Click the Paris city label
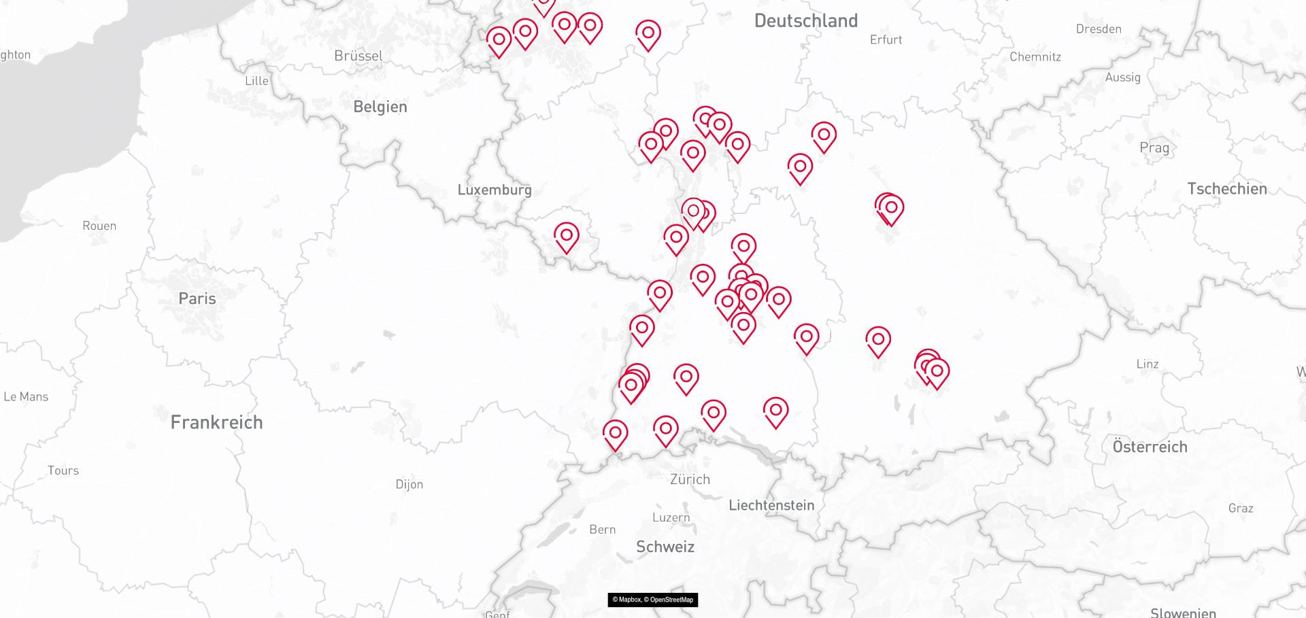[197, 298]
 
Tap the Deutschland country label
[805, 21]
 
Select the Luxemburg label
[495, 190]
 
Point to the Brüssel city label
[358, 56]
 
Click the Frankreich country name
[216, 422]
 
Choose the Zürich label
[690, 479]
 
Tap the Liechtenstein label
[771, 505]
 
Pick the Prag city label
[1154, 148]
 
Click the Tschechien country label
[1227, 189]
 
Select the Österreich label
[1150, 447]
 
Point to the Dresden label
[1099, 29]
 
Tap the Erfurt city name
[886, 40]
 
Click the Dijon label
[409, 484]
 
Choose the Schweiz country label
[665, 547]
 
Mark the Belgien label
[380, 107]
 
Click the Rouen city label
[99, 226]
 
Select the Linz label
[1148, 364]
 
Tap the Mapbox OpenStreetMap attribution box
[652, 600]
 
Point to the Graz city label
[1241, 508]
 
